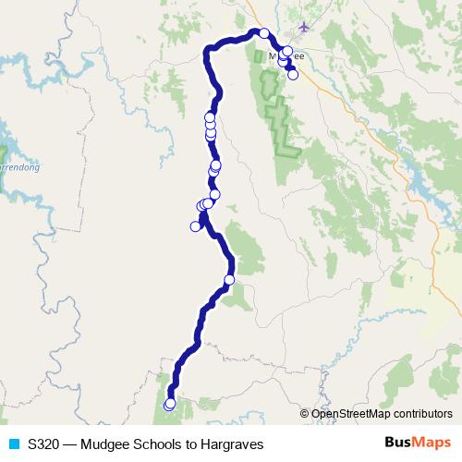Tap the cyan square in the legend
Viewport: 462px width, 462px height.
click(13, 444)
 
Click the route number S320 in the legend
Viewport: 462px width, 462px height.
click(45, 444)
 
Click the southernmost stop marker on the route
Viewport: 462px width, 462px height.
click(169, 404)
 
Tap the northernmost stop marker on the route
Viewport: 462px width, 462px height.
click(264, 33)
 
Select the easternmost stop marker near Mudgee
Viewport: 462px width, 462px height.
click(293, 75)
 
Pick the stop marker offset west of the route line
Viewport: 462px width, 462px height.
click(195, 226)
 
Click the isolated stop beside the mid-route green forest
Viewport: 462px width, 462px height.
click(229, 279)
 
